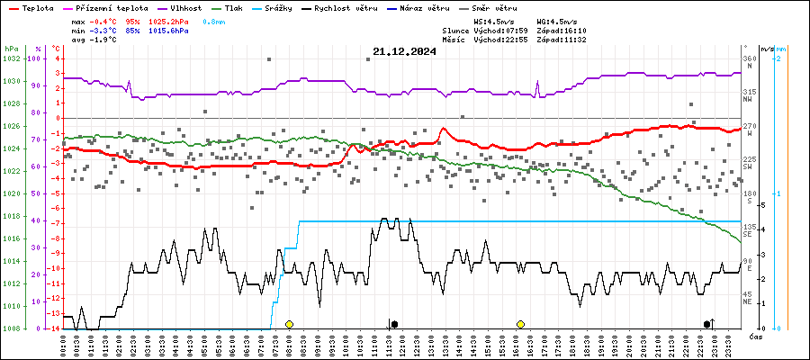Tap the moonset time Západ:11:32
click(x=562, y=40)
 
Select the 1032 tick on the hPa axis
click(x=11, y=58)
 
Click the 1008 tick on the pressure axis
click(x=11, y=328)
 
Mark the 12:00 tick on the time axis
click(x=401, y=344)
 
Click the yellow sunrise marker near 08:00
click(x=289, y=324)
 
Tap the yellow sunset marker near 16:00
click(x=520, y=324)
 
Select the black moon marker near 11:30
click(x=394, y=324)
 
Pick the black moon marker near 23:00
click(x=707, y=324)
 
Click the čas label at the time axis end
click(x=757, y=336)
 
